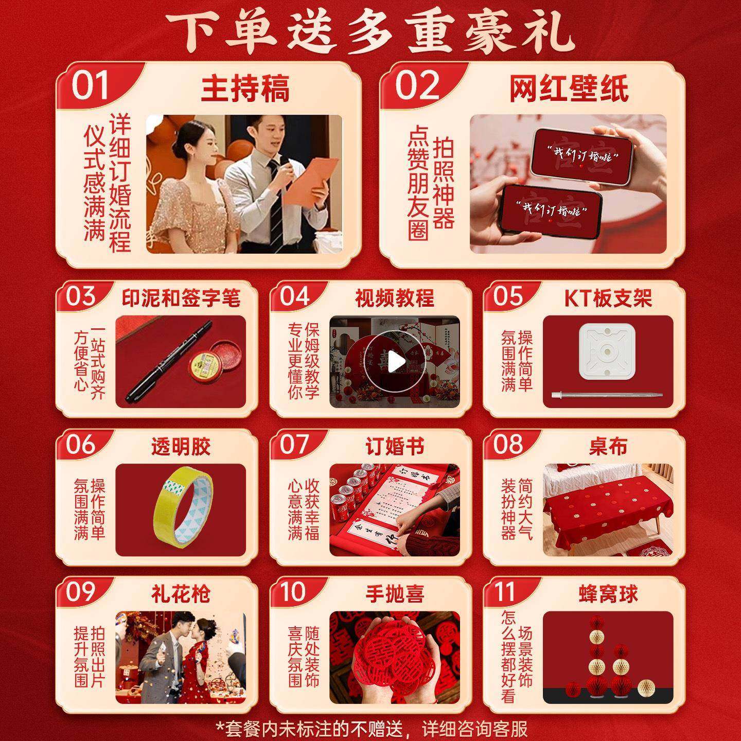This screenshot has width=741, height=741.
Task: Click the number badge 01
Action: click(x=90, y=85)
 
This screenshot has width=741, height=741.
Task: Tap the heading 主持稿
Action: click(x=245, y=89)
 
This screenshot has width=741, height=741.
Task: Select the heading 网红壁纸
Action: click(x=569, y=89)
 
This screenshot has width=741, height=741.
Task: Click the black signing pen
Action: click(x=167, y=363)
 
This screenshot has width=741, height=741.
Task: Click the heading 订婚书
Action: click(x=395, y=447)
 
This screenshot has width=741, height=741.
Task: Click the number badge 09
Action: click(x=81, y=592)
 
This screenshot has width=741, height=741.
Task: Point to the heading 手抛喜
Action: click(x=395, y=594)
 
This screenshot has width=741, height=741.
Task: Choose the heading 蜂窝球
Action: click(x=608, y=594)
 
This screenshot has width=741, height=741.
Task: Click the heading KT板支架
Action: click(x=608, y=298)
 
